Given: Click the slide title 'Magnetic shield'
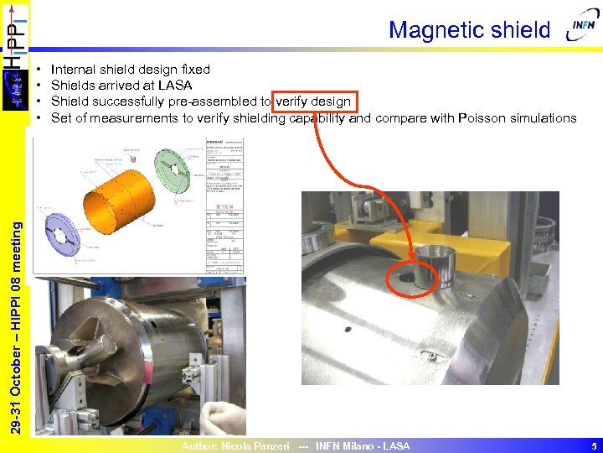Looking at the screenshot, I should (x=469, y=30).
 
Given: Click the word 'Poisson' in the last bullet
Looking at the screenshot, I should (x=482, y=118).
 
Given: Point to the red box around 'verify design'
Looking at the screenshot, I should (x=313, y=102).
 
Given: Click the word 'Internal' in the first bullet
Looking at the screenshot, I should (x=72, y=70).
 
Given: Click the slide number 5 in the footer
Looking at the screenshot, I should (x=591, y=446).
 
